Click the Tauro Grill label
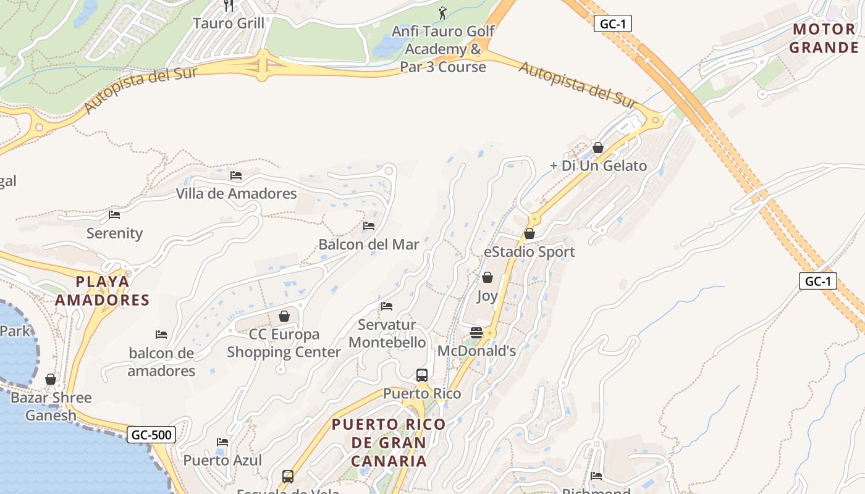click(x=229, y=23)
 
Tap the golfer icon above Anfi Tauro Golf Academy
click(x=442, y=12)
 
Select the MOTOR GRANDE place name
click(x=824, y=38)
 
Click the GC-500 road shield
click(x=151, y=435)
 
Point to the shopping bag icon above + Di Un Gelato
click(x=597, y=148)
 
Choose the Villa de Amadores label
click(x=236, y=194)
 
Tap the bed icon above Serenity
click(x=114, y=215)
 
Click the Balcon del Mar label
click(x=369, y=245)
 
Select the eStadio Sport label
click(x=529, y=252)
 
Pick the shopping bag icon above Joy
click(x=487, y=278)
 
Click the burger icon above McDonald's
click(x=476, y=333)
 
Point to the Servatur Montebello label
click(x=387, y=333)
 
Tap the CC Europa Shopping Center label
click(x=284, y=343)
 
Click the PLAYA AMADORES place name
click(x=103, y=291)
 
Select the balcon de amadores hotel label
click(x=161, y=362)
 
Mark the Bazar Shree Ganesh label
click(x=51, y=406)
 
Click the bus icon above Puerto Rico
click(x=422, y=375)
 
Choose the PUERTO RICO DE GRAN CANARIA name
click(x=389, y=443)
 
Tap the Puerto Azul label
click(x=222, y=461)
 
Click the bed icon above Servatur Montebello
click(x=387, y=306)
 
